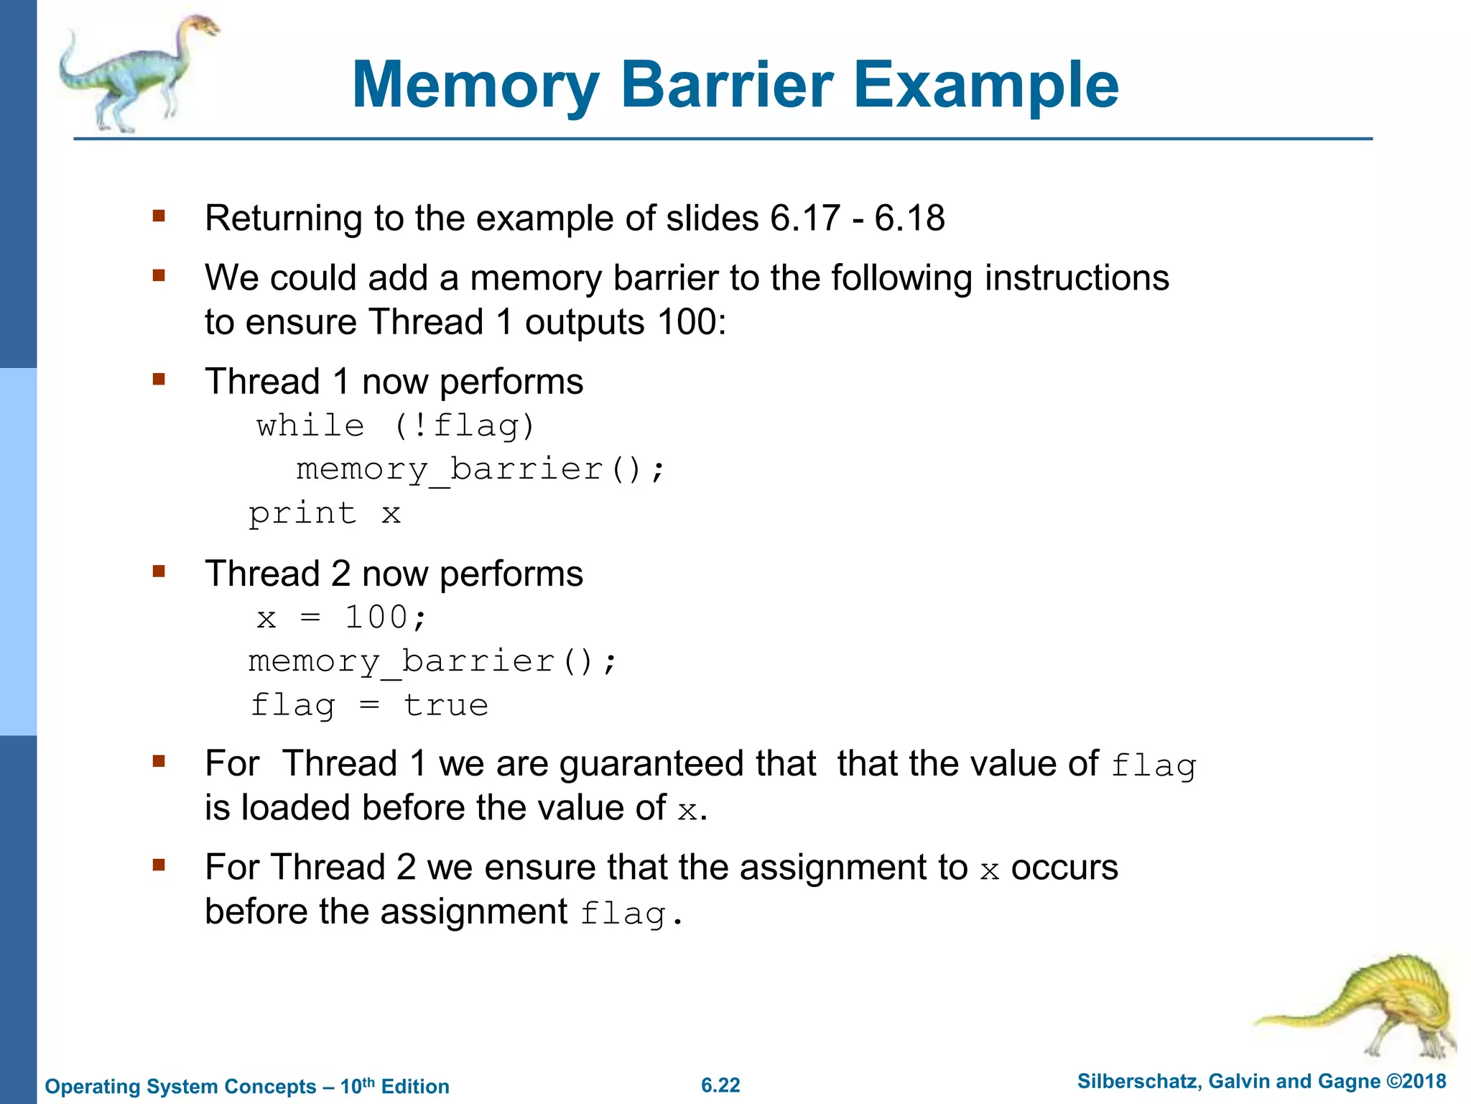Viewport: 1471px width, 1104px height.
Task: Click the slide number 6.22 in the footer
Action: point(720,1085)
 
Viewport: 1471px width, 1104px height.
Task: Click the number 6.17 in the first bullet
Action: point(804,218)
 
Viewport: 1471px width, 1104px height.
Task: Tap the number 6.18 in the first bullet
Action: point(909,218)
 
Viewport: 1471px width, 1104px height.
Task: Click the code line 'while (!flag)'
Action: point(396,425)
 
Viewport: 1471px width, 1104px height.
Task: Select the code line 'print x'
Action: point(324,513)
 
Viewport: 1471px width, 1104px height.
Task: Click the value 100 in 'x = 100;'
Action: point(376,617)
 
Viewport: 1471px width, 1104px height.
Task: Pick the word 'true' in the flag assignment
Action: point(445,705)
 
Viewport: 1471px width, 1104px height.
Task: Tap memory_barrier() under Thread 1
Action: point(480,469)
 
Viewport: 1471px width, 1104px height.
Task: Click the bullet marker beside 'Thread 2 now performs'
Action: point(159,571)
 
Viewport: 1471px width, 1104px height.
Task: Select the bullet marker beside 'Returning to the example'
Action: point(159,215)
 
